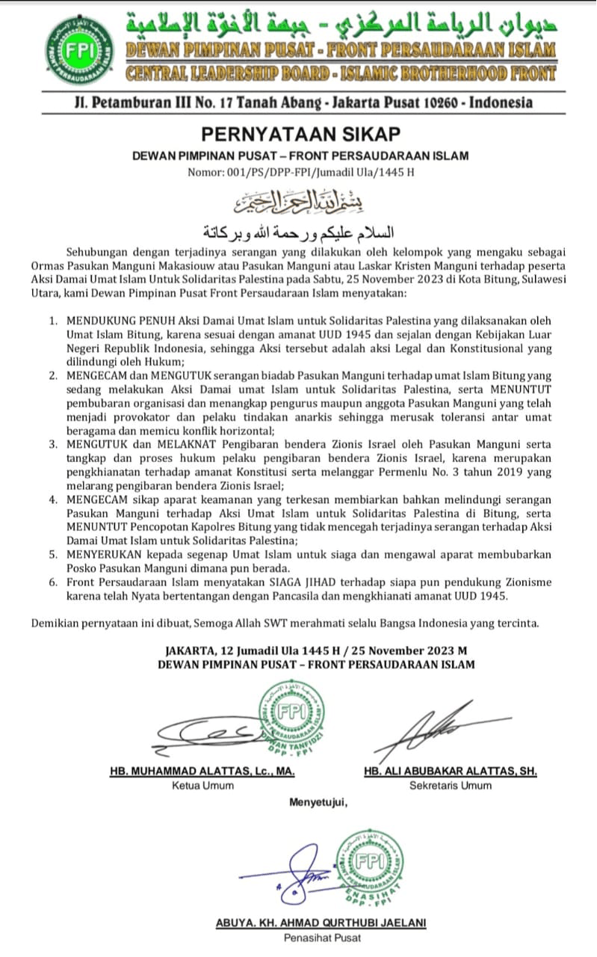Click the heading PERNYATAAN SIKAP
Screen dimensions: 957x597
[300, 134]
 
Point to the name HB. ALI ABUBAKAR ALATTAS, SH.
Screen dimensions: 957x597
[451, 771]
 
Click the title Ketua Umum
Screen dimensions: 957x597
[202, 785]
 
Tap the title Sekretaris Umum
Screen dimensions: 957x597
[451, 785]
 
